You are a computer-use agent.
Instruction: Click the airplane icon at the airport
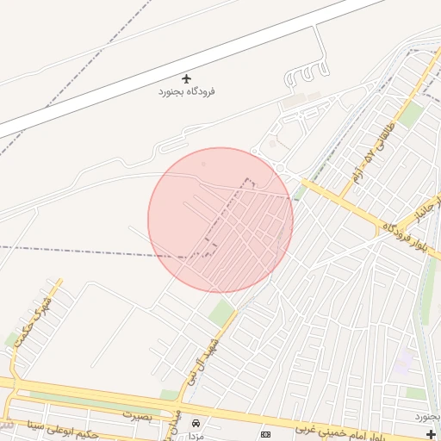tap(186, 78)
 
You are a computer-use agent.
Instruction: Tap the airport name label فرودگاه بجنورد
tap(186, 91)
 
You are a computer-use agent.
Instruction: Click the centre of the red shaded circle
tap(220, 220)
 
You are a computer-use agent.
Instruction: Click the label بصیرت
tap(137, 414)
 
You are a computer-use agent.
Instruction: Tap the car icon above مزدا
tap(197, 423)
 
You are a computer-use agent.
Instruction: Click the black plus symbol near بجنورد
tap(432, 433)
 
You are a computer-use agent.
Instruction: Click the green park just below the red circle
tap(221, 314)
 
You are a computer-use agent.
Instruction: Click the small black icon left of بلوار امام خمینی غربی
tap(265, 433)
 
